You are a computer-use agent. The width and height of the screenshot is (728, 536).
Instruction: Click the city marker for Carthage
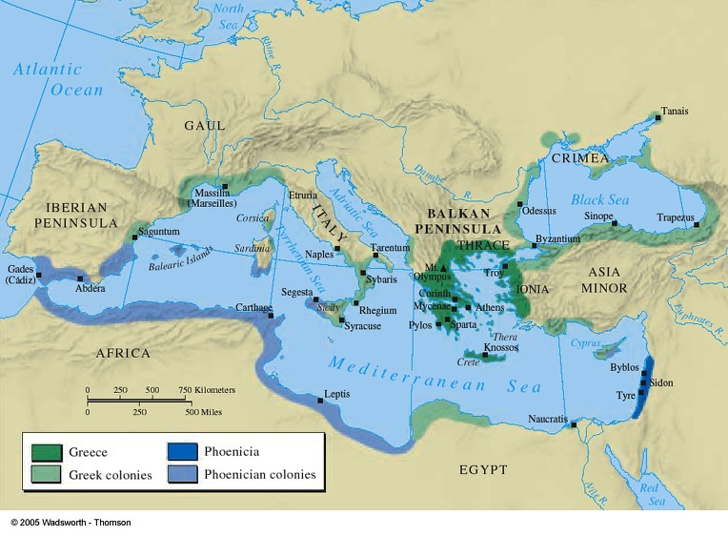[x=272, y=308]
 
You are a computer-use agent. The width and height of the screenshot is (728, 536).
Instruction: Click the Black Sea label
[x=600, y=200]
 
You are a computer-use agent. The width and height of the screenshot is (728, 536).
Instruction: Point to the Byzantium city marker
[x=534, y=246]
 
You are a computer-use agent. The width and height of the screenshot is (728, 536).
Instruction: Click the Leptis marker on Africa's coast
[x=321, y=401]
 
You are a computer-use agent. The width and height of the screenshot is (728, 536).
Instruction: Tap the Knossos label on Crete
[x=500, y=347]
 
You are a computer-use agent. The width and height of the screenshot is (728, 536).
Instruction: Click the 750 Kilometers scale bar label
[x=205, y=390]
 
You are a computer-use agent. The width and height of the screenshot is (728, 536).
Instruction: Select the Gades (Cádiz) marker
[x=39, y=275]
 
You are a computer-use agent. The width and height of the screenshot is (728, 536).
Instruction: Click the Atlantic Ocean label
[x=58, y=79]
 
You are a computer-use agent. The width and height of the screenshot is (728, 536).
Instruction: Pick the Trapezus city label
[x=675, y=217]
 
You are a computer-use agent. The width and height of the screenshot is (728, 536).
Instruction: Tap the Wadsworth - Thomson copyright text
[x=71, y=523]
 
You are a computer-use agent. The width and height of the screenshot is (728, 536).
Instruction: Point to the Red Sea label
[x=652, y=494]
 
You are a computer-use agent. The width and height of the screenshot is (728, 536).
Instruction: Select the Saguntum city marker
[x=134, y=237]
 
